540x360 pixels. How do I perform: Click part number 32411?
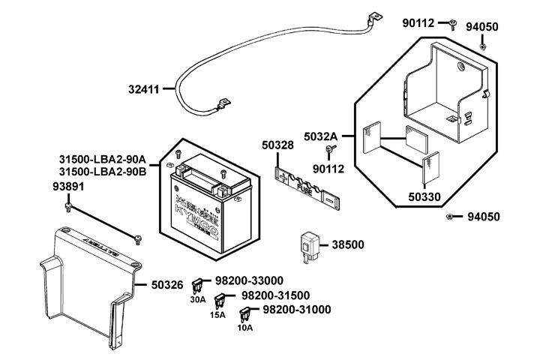[143, 90]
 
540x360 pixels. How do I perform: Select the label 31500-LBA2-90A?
[102, 160]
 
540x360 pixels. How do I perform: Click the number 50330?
[424, 197]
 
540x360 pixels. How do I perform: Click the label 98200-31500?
[275, 295]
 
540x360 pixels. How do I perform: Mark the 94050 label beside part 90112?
[503, 27]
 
